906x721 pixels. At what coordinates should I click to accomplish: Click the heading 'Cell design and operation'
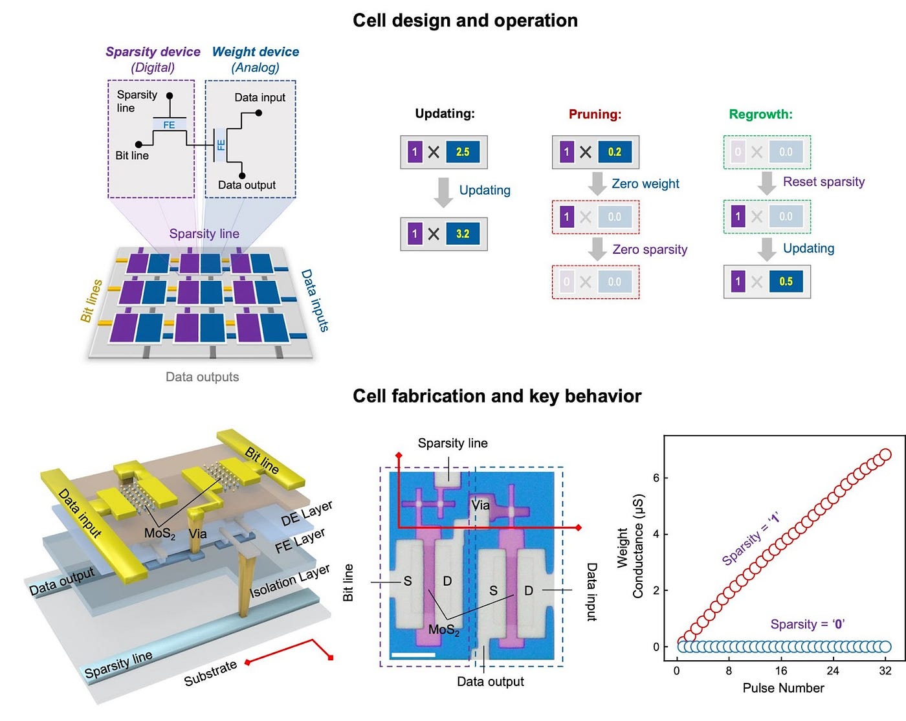click(465, 21)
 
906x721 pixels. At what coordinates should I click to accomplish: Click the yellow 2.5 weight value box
click(462, 152)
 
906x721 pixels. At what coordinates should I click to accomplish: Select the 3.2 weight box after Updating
click(462, 234)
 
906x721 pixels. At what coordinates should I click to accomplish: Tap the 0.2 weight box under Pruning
click(614, 152)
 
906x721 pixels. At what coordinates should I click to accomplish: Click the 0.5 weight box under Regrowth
click(786, 282)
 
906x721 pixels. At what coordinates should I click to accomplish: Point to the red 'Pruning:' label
click(595, 115)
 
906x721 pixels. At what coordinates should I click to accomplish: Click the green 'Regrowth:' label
click(760, 115)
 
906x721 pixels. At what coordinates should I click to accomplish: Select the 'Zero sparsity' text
click(650, 250)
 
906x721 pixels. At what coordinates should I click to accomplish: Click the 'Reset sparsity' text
click(823, 182)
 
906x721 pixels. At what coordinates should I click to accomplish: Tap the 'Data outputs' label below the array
click(202, 377)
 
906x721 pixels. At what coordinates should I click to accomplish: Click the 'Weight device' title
click(256, 52)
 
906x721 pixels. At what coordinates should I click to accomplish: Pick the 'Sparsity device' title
click(153, 52)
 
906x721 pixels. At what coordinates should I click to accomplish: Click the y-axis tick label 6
click(656, 478)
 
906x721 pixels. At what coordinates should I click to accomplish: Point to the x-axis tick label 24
click(833, 671)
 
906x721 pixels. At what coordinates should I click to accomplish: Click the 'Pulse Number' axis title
click(783, 688)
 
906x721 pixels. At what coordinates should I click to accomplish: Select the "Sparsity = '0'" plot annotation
click(807, 624)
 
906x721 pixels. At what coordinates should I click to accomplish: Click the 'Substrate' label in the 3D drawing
click(210, 673)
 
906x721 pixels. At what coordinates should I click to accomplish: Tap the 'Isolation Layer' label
click(290, 581)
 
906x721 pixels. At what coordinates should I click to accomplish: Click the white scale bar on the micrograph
click(413, 655)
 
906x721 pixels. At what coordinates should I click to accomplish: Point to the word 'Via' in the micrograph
click(480, 505)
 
